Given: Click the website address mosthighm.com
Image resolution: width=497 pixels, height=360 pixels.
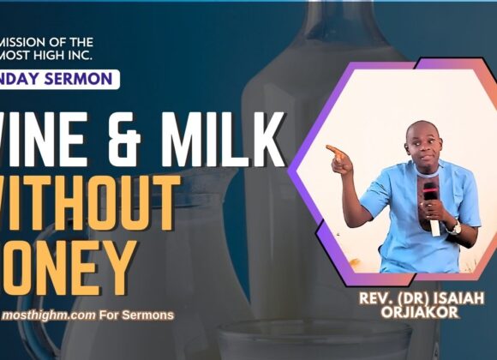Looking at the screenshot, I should [x=49, y=315].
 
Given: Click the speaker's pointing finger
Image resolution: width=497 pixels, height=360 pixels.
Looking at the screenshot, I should [x=332, y=150].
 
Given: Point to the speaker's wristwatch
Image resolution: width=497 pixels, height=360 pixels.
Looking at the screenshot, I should [x=453, y=228].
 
